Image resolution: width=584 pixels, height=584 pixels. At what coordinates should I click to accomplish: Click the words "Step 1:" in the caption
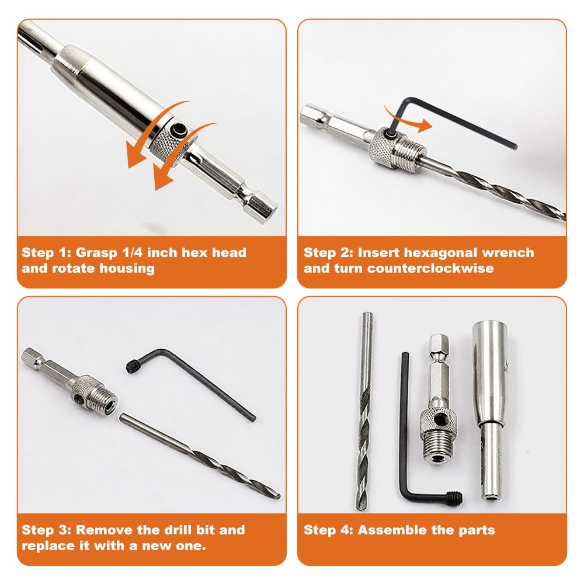point(46,252)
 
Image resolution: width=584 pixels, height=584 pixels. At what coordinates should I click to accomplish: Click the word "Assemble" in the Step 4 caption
point(387,530)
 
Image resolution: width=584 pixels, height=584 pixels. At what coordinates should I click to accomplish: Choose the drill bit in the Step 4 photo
point(365,411)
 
